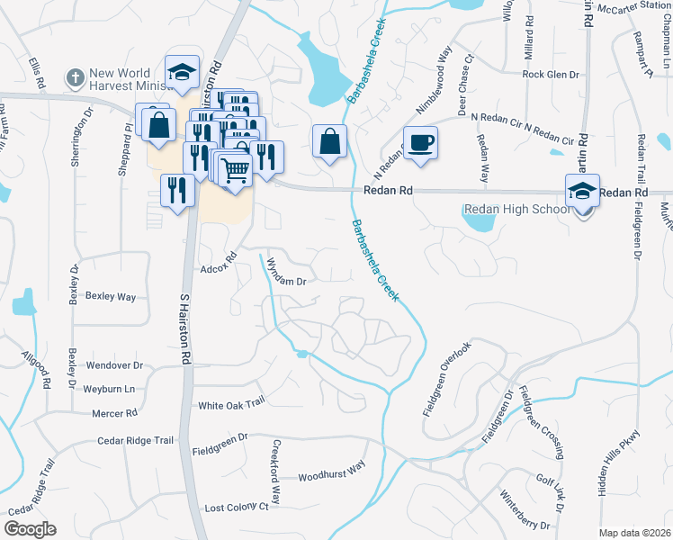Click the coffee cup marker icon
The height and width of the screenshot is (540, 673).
pos(420,142)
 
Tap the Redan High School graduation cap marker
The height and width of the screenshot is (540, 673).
pos(582,191)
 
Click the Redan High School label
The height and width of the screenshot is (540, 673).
pos(516,210)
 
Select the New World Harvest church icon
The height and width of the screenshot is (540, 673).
pos(76,77)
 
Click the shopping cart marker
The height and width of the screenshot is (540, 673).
pos(235,168)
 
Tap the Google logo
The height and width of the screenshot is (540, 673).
pos(30,528)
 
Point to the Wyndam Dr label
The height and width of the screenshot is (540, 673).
pos(288,281)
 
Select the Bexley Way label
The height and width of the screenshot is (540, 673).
pos(110,296)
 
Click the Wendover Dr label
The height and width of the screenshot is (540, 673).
pos(114,365)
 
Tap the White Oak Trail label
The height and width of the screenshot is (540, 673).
pos(231,404)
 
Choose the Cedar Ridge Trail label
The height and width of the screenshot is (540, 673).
pos(135,441)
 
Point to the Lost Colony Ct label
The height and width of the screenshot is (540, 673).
pos(237,508)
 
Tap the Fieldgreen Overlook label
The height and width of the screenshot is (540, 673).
pos(446,378)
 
